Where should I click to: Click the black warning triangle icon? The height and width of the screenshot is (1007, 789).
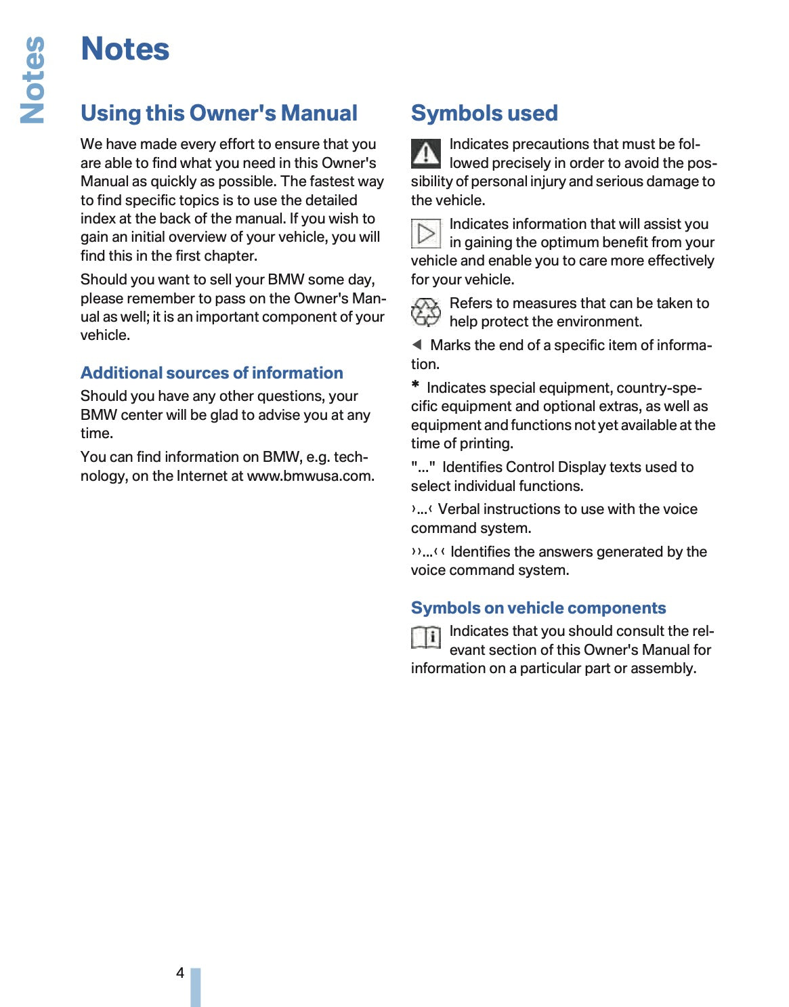click(x=425, y=153)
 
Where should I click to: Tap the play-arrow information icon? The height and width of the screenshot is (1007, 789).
click(x=426, y=234)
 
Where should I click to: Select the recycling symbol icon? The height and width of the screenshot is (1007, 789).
click(x=426, y=312)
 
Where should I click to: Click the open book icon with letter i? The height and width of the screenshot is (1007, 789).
click(x=426, y=637)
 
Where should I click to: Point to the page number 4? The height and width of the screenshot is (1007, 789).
click(x=180, y=973)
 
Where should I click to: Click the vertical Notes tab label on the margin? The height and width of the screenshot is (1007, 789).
click(x=33, y=80)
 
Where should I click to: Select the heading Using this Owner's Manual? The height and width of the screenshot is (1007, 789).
click(x=219, y=113)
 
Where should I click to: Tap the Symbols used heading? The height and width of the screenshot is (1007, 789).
click(x=484, y=113)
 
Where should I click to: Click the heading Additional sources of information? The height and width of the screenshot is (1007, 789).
click(x=212, y=373)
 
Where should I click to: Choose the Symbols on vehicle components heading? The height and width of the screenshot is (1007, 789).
click(x=538, y=608)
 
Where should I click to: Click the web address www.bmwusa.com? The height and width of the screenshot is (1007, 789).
click(x=310, y=476)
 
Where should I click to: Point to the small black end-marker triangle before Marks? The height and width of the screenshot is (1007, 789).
click(x=417, y=345)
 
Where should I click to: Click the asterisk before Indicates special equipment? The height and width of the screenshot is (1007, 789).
click(x=415, y=385)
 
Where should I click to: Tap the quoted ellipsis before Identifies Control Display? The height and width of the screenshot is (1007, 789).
click(x=423, y=467)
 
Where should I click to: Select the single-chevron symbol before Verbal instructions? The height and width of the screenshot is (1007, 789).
click(x=421, y=509)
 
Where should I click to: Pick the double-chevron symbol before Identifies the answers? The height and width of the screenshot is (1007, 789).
click(x=427, y=552)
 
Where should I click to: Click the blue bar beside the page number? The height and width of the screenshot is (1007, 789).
click(x=196, y=987)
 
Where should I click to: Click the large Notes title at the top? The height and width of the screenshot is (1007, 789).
click(x=125, y=49)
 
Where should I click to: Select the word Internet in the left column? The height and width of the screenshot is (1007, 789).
click(x=201, y=476)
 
